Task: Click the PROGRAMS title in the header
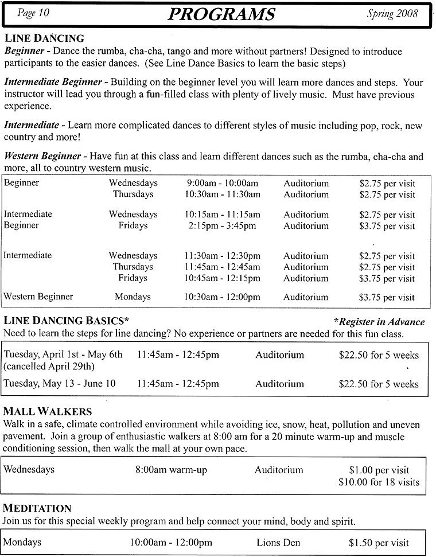[221, 14]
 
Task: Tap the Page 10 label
[33, 13]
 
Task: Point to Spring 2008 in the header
[392, 13]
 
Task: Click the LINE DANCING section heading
[44, 39]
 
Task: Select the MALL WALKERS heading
[48, 412]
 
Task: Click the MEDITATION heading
[37, 509]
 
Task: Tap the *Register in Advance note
[379, 322]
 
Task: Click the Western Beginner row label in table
[38, 297]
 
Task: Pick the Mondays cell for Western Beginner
[133, 297]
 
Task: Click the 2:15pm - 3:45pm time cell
[222, 225]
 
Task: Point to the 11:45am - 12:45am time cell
[222, 267]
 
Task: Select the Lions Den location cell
[278, 542]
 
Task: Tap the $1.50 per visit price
[379, 542]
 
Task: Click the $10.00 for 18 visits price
[379, 482]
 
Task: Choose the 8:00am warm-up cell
[171, 470]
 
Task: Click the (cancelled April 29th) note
[49, 366]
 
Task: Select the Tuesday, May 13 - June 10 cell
[60, 383]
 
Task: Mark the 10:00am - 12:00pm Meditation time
[171, 542]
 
